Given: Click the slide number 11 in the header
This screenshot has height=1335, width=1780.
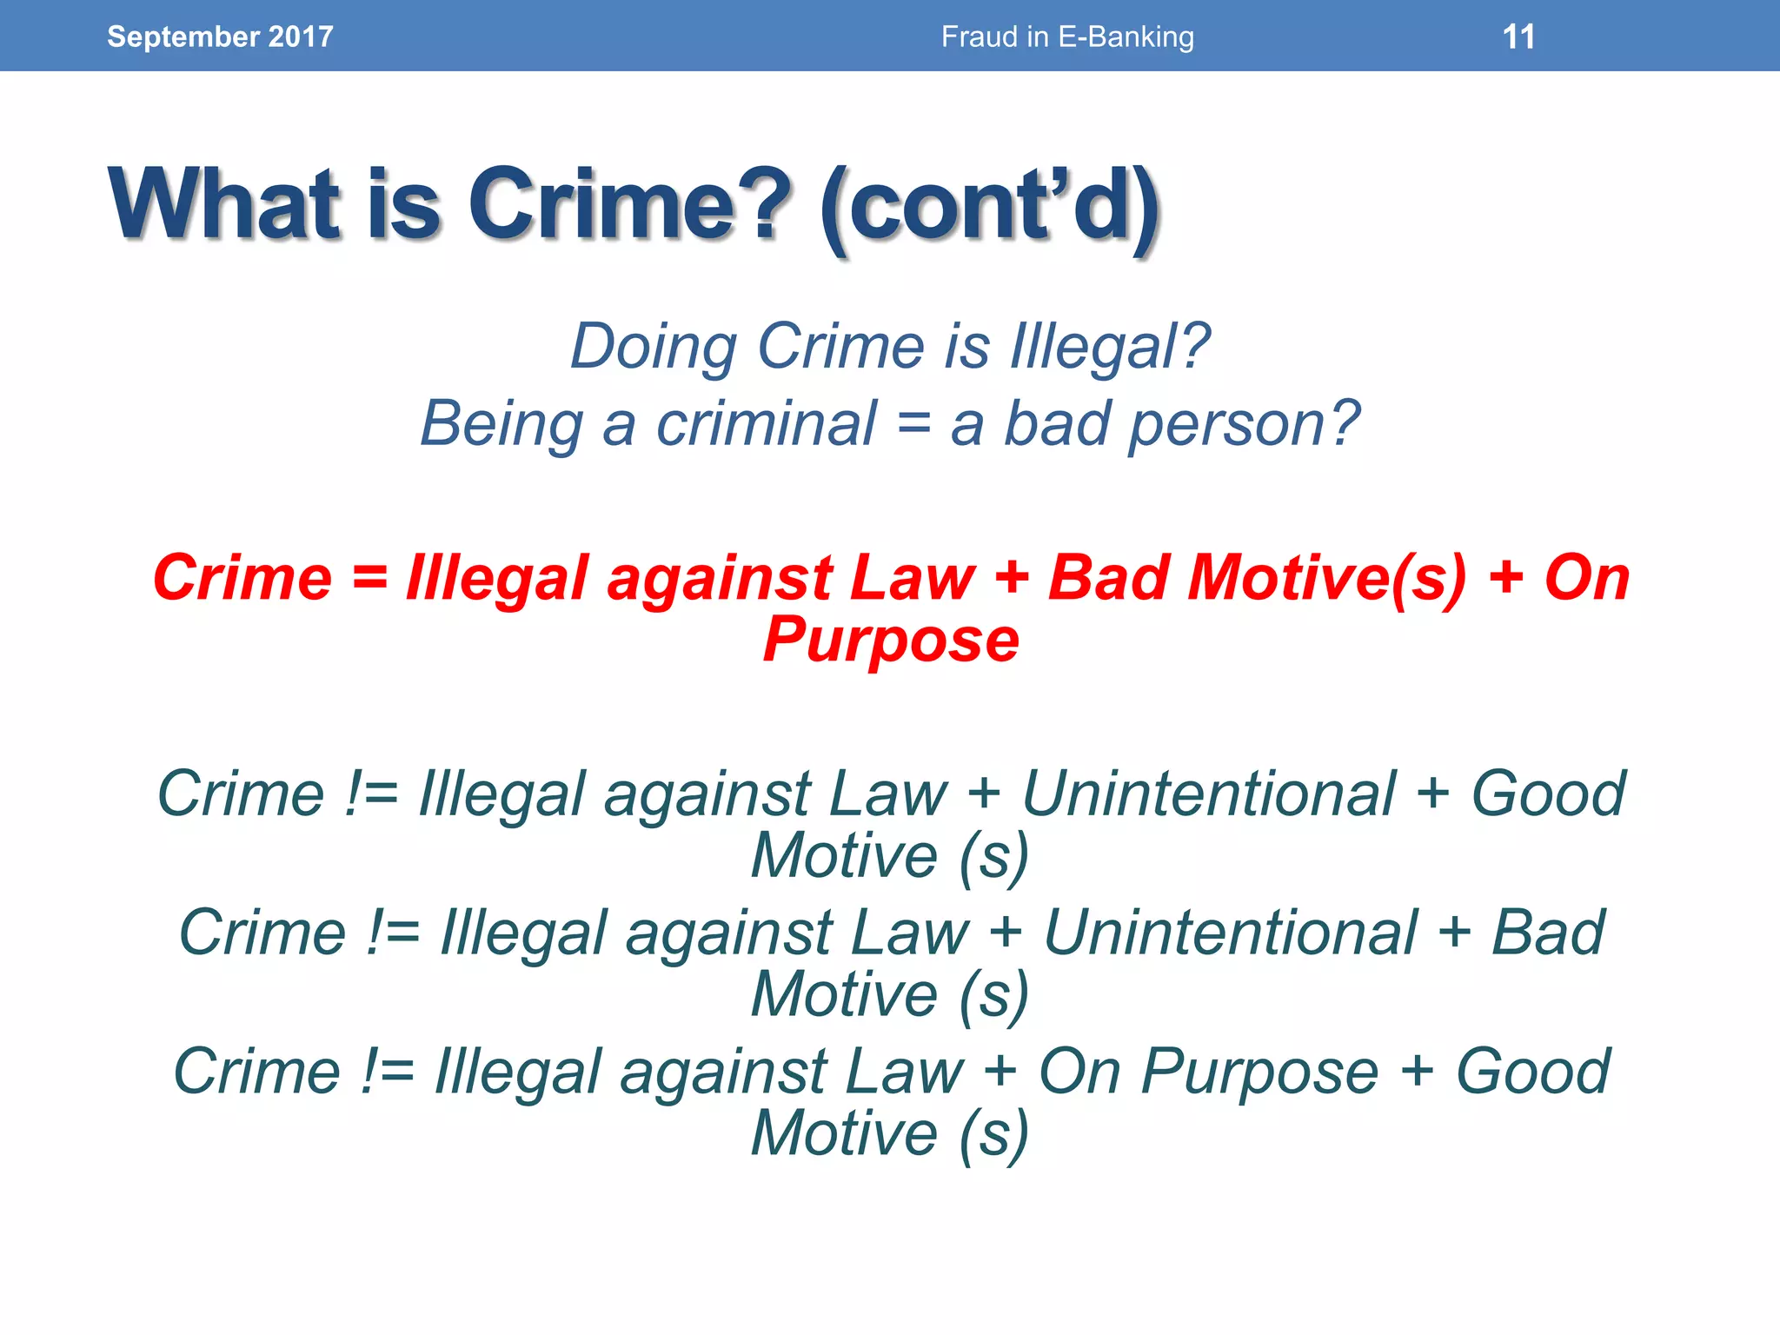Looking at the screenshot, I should pos(1518,37).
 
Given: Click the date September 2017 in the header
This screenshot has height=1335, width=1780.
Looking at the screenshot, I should pos(220,37).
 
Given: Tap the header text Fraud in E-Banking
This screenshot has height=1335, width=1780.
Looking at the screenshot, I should pos(1067,37).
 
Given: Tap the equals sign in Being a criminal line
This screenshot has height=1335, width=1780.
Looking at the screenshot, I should pos(913,424).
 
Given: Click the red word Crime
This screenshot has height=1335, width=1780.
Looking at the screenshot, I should pos(242,578).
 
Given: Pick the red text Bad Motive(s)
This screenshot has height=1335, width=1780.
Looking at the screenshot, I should pos(1257,578).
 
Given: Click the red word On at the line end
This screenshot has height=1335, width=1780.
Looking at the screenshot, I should pos(1586,578).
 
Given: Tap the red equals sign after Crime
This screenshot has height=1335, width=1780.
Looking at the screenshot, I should pos(370,578).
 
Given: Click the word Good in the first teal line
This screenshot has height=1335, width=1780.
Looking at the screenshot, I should pos(1547,794).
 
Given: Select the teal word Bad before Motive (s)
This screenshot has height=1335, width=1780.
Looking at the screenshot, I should pos(1548,933).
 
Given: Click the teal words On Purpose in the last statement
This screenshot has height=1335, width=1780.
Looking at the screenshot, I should pos(1208,1072).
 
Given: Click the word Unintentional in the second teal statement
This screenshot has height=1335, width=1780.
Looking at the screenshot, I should pos(1230,933).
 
